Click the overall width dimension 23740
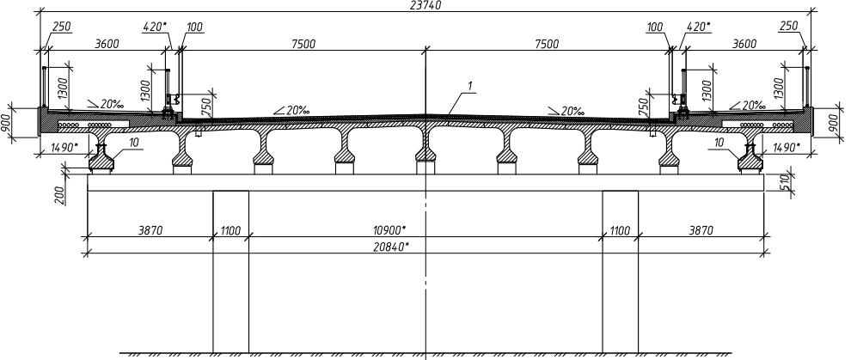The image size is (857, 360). (425, 5)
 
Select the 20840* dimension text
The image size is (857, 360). (391, 247)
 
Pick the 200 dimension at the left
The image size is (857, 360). (60, 195)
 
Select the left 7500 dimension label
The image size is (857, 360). (303, 45)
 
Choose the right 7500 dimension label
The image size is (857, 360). (547, 45)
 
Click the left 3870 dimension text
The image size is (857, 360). (150, 230)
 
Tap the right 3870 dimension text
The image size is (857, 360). (701, 230)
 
